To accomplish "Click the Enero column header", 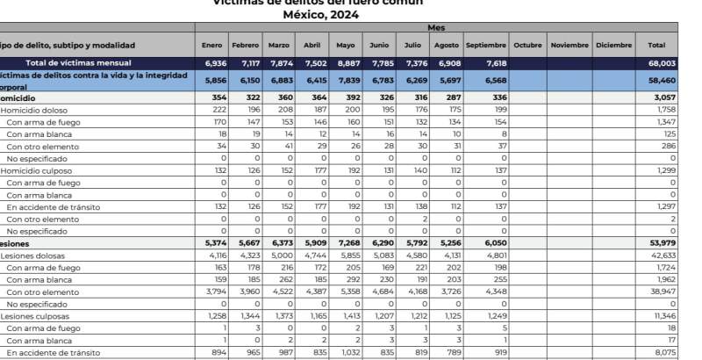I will tap(211, 45).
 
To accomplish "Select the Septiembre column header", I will tap(485, 45).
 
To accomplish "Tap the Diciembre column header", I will tap(613, 45).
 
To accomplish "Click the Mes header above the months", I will tap(436, 28).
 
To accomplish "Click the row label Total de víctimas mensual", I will tap(79, 63).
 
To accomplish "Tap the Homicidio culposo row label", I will tap(35, 169).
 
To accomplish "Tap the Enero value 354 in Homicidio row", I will tap(214, 97).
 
